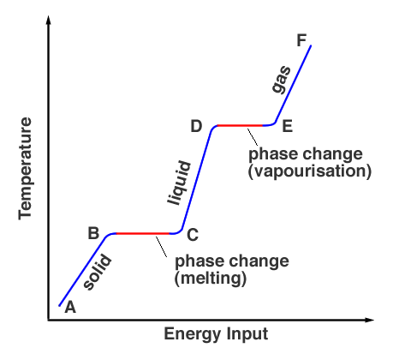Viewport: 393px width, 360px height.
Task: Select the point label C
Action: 193,233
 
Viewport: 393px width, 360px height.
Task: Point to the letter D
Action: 196,127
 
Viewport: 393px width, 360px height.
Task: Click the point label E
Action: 287,127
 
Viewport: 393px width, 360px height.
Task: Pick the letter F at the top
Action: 301,39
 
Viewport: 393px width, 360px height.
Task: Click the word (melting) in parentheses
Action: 211,278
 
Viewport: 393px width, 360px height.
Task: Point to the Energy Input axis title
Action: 216,333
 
